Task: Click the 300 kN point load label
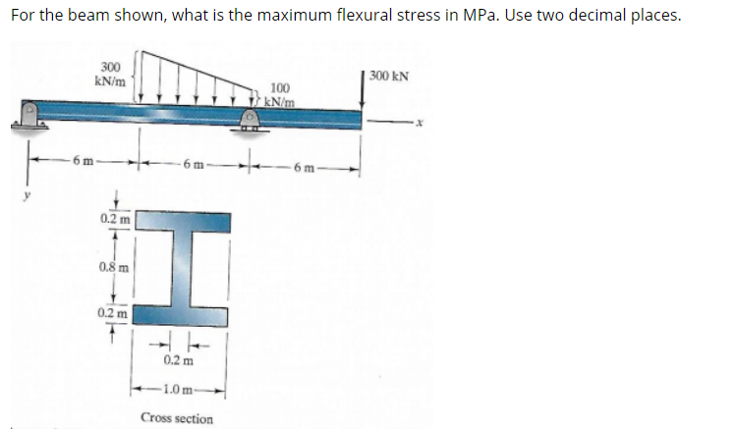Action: [390, 76]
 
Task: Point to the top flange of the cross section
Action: [182, 222]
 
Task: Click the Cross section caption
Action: [177, 418]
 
